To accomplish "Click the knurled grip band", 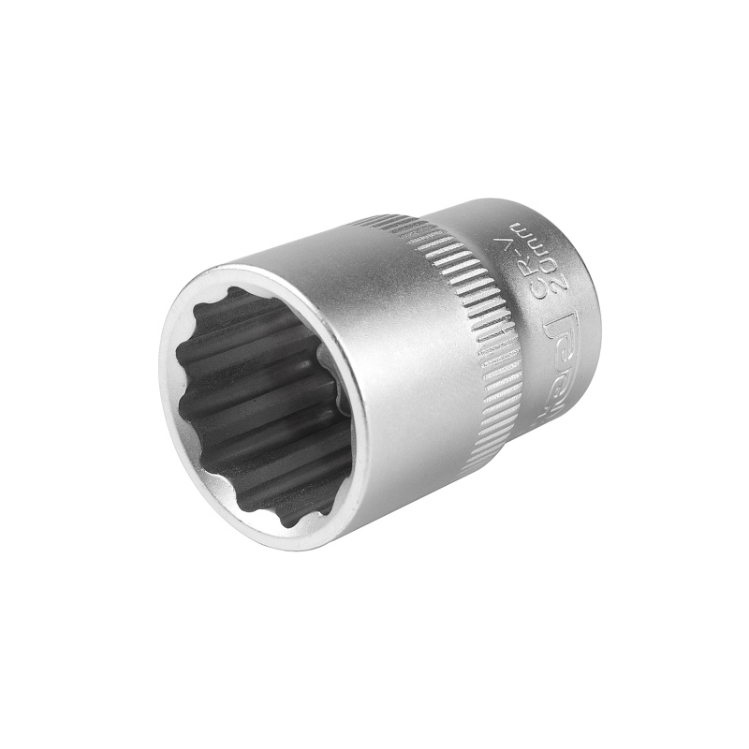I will pyautogui.click(x=468, y=318).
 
